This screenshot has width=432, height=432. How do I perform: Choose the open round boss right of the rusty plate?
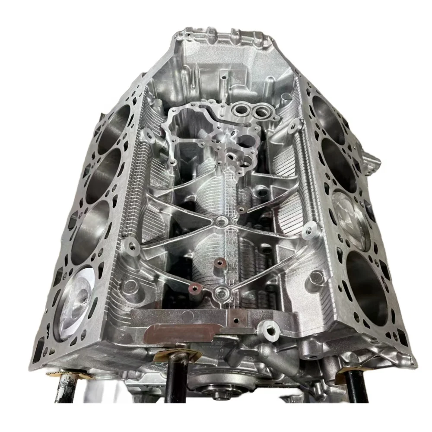coord(271,332)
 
